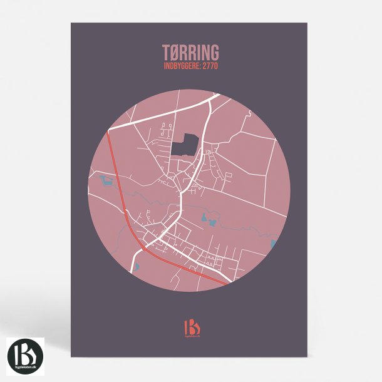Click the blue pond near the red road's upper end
[105, 182]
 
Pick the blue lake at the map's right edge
[273, 243]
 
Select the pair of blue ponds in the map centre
[209, 220]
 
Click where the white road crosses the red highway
[143, 247]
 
